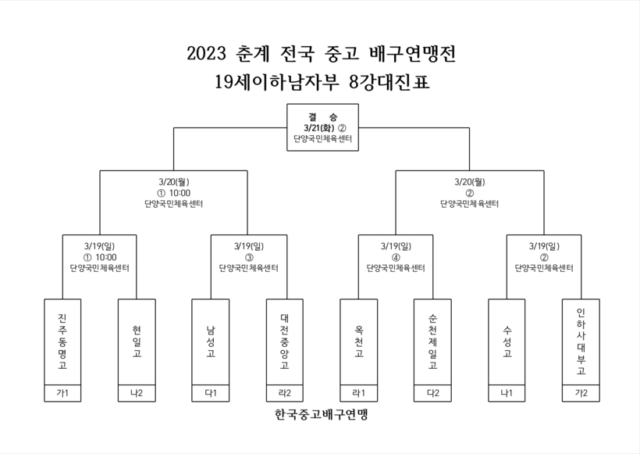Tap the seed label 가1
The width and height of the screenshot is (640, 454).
62,393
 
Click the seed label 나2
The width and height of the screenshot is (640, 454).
137,393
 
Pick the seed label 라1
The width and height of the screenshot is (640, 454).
359,393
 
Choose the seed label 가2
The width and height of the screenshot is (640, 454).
581,393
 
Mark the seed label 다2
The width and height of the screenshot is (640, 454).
433,393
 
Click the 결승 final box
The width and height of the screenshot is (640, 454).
323,127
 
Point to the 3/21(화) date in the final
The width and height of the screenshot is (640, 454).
319,128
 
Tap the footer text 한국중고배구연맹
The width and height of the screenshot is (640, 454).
322,414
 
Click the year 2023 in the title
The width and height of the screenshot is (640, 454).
206,54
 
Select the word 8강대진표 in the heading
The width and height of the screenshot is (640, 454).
389,82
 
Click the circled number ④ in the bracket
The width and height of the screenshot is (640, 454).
396,257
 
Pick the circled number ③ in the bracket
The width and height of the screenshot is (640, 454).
249,257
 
